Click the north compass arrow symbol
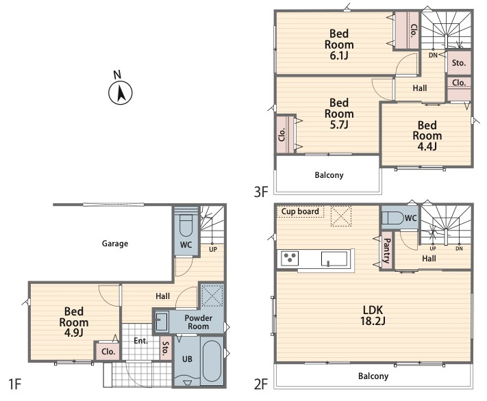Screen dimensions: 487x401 (x=121, y=93)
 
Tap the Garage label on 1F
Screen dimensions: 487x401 (x=115, y=244)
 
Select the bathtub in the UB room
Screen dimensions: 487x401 (x=212, y=361)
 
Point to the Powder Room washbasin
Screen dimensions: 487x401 (x=162, y=321)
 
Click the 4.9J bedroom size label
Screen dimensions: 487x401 (x=73, y=333)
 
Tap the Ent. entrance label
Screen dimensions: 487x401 (x=140, y=341)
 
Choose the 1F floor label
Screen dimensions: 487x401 (x=14, y=385)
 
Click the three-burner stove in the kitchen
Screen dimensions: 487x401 (x=290, y=259)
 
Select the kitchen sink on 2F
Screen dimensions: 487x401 (x=334, y=259)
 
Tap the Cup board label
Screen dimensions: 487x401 (x=300, y=211)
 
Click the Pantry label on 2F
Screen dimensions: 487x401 (x=387, y=250)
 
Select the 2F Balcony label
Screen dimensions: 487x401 (x=373, y=376)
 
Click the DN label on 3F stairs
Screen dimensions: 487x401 (x=433, y=55)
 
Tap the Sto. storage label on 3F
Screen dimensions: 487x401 (x=459, y=63)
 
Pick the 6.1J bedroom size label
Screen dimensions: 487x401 (x=339, y=55)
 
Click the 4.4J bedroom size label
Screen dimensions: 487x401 (x=427, y=146)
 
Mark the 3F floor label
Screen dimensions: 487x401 (x=261, y=192)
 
